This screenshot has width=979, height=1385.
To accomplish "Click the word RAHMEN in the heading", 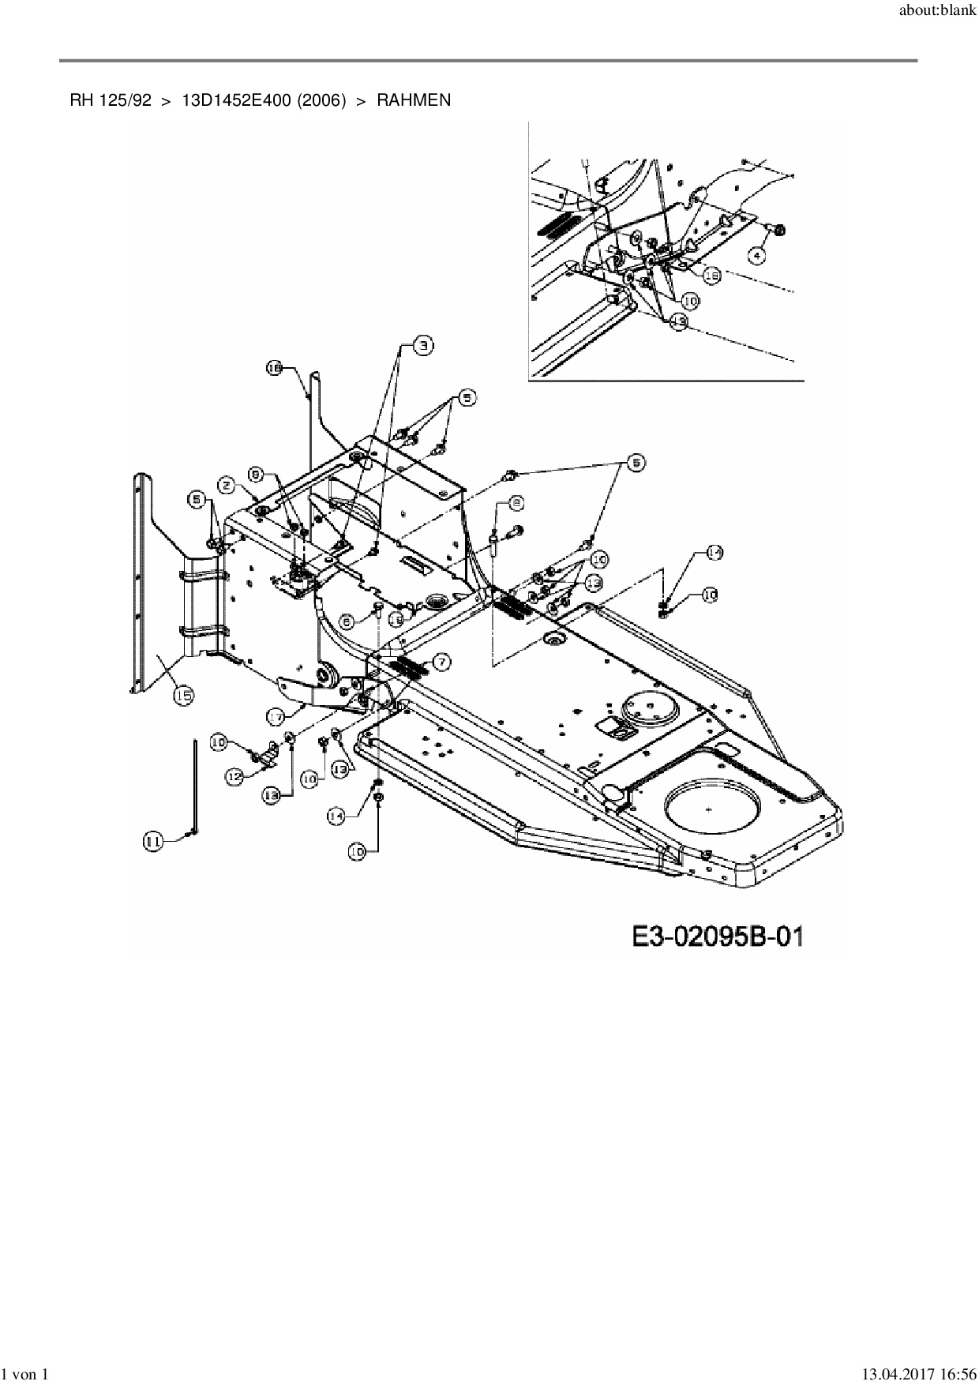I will click(x=414, y=100).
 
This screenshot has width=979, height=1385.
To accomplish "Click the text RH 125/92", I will click(x=111, y=100).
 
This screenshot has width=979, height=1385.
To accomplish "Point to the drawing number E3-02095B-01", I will click(x=718, y=936).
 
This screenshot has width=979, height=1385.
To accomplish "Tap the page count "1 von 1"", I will click(x=26, y=1374).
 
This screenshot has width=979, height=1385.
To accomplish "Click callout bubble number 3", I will click(x=425, y=345).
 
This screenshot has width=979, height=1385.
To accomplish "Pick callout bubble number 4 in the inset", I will click(x=756, y=256).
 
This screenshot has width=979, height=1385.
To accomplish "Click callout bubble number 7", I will click(x=441, y=662).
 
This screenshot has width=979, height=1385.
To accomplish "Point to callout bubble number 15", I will click(x=183, y=695).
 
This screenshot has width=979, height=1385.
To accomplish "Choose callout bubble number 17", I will click(x=275, y=716).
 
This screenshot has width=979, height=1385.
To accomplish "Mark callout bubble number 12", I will click(x=234, y=777).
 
